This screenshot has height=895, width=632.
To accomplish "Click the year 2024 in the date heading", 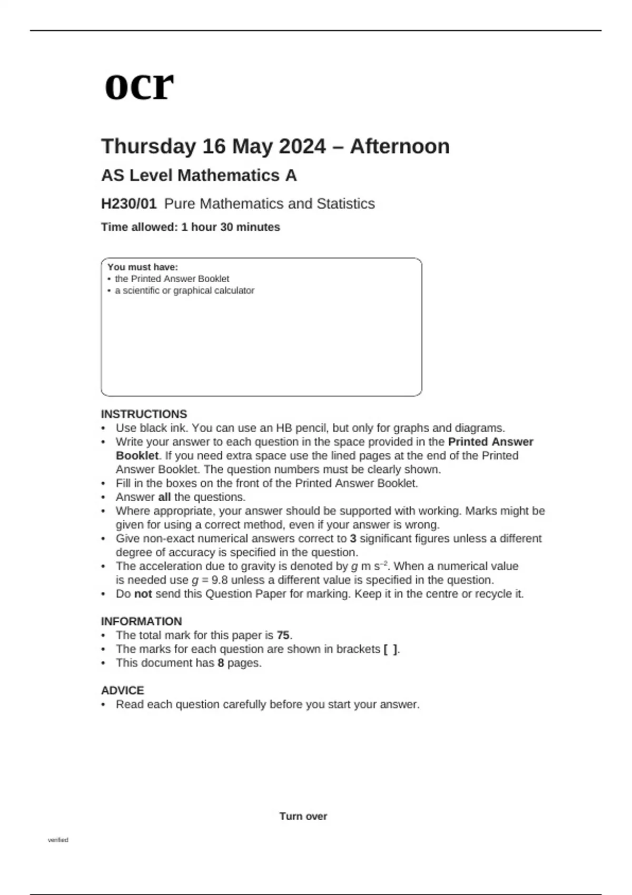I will (x=302, y=146).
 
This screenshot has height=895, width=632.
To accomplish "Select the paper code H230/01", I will (x=129, y=204).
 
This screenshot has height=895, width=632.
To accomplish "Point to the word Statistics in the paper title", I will (x=345, y=204).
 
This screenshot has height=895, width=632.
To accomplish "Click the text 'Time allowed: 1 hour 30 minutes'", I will (x=190, y=227).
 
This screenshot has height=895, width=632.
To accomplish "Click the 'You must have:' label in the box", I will (x=143, y=267).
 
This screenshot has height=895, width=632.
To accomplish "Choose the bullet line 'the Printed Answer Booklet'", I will (x=172, y=279).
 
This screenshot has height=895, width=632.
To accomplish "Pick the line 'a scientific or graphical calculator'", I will (x=184, y=291).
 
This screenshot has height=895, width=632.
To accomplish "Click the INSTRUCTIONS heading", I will (x=144, y=414).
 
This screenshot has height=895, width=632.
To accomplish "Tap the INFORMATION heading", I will (x=141, y=621).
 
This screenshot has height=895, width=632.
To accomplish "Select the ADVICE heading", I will (x=122, y=690).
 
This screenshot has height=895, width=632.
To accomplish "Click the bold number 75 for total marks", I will (x=283, y=635).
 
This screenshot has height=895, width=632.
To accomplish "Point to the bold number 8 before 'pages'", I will (x=221, y=663).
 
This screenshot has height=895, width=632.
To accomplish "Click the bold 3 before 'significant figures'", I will (x=353, y=539).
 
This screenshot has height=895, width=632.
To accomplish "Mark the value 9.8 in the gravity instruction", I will (x=218, y=580).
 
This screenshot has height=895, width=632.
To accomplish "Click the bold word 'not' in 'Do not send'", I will (x=143, y=594).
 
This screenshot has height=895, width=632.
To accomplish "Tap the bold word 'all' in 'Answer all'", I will (x=164, y=497).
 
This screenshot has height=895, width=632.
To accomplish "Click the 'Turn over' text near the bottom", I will (x=303, y=817).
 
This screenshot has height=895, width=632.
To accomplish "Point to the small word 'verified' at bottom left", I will (x=58, y=840).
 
